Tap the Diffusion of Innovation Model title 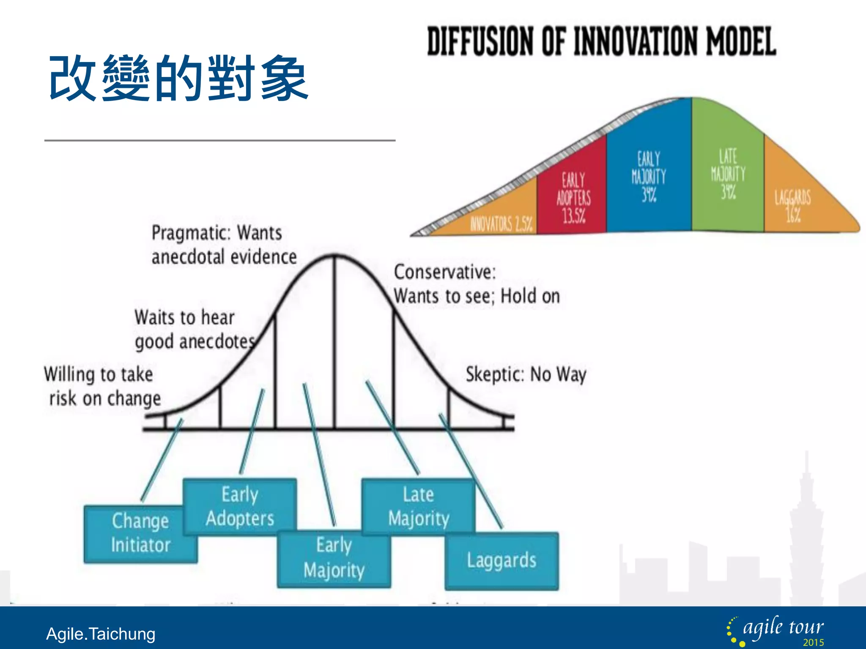(601, 41)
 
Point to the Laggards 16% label (792, 206)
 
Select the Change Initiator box (140, 533)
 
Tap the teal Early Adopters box (240, 506)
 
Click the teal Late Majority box (418, 506)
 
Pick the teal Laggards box (502, 561)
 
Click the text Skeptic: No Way (526, 374)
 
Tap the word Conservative (444, 272)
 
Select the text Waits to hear (184, 317)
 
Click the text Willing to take (99, 374)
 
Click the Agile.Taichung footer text (101, 634)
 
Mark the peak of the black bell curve (334, 255)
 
